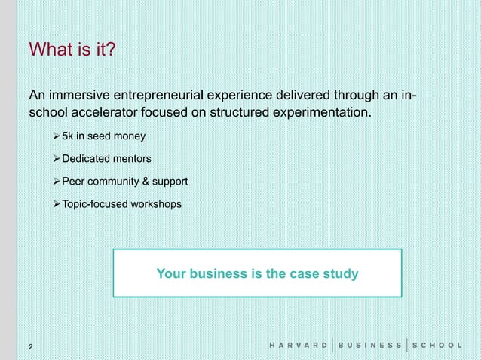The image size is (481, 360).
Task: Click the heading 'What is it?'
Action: (x=72, y=50)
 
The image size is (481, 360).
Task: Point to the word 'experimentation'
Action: (x=317, y=114)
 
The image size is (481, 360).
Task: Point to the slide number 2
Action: (x=30, y=346)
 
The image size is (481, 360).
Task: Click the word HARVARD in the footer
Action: (x=299, y=346)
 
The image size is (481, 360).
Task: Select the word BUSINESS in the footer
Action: (x=369, y=346)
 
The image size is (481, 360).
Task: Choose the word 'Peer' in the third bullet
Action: (x=73, y=182)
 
